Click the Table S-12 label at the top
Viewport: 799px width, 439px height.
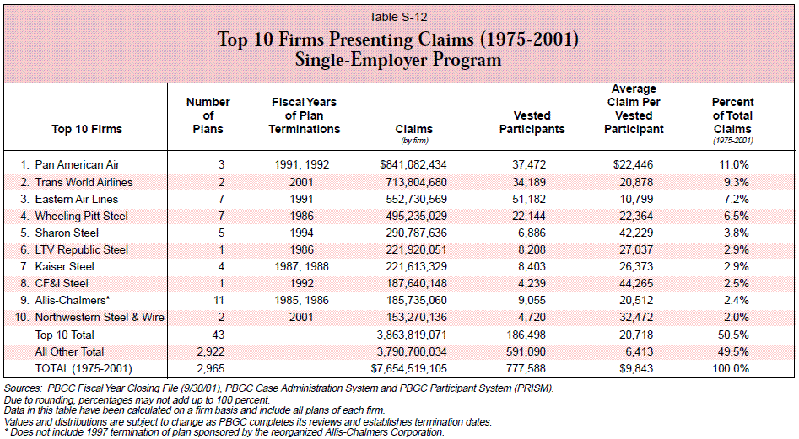(398, 17)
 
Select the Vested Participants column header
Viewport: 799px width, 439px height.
(532, 122)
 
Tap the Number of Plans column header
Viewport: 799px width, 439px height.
(208, 115)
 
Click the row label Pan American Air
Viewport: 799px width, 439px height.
(78, 165)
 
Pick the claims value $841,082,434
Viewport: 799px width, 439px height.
(413, 165)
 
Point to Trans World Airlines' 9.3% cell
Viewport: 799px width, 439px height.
(737, 182)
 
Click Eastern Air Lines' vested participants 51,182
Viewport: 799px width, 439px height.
(529, 199)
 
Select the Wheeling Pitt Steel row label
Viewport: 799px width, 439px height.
(82, 217)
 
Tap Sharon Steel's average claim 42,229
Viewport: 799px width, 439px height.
(636, 233)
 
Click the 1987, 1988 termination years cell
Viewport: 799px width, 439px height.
(302, 266)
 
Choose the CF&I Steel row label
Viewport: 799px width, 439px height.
(62, 283)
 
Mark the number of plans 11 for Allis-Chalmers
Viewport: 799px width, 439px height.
(219, 300)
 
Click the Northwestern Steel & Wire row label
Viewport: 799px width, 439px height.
(100, 317)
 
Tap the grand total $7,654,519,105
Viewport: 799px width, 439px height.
(409, 368)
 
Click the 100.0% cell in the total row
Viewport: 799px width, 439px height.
(731, 368)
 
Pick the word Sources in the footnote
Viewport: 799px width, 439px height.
(23, 388)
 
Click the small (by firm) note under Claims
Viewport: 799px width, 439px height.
(415, 141)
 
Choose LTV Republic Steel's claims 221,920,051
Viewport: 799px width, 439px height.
(416, 249)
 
